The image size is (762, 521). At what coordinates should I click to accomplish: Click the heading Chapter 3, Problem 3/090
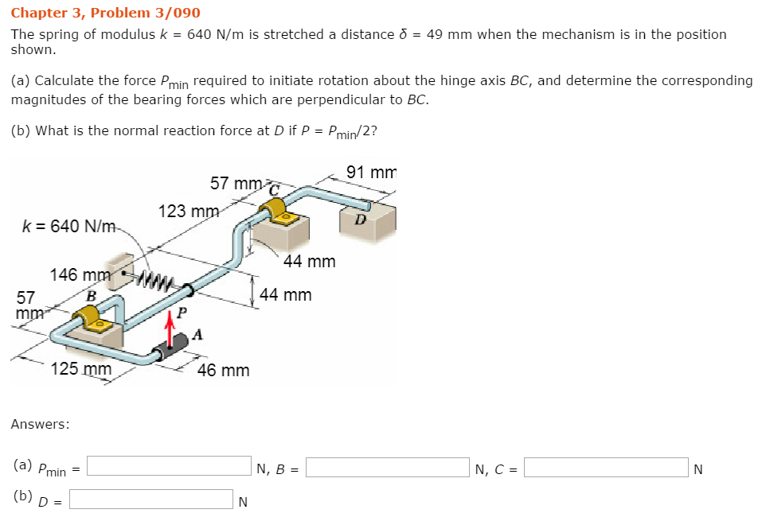pyautogui.click(x=105, y=13)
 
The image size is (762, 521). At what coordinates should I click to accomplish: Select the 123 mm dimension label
pyautogui.click(x=189, y=212)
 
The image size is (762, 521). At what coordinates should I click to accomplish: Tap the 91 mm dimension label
pyautogui.click(x=371, y=173)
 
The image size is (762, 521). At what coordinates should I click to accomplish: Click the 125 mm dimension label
pyautogui.click(x=80, y=369)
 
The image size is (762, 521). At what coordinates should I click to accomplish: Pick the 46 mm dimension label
pyautogui.click(x=223, y=370)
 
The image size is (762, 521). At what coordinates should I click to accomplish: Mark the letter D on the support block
pyautogui.click(x=361, y=220)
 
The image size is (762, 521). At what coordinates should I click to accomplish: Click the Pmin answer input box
pyautogui.click(x=170, y=466)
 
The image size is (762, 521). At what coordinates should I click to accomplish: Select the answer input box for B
pyautogui.click(x=388, y=466)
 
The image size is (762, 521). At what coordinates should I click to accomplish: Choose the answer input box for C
pyautogui.click(x=605, y=467)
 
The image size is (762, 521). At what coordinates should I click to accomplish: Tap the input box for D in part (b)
pyautogui.click(x=151, y=499)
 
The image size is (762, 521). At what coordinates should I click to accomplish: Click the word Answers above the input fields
pyautogui.click(x=40, y=424)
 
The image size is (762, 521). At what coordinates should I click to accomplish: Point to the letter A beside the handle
pyautogui.click(x=197, y=334)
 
